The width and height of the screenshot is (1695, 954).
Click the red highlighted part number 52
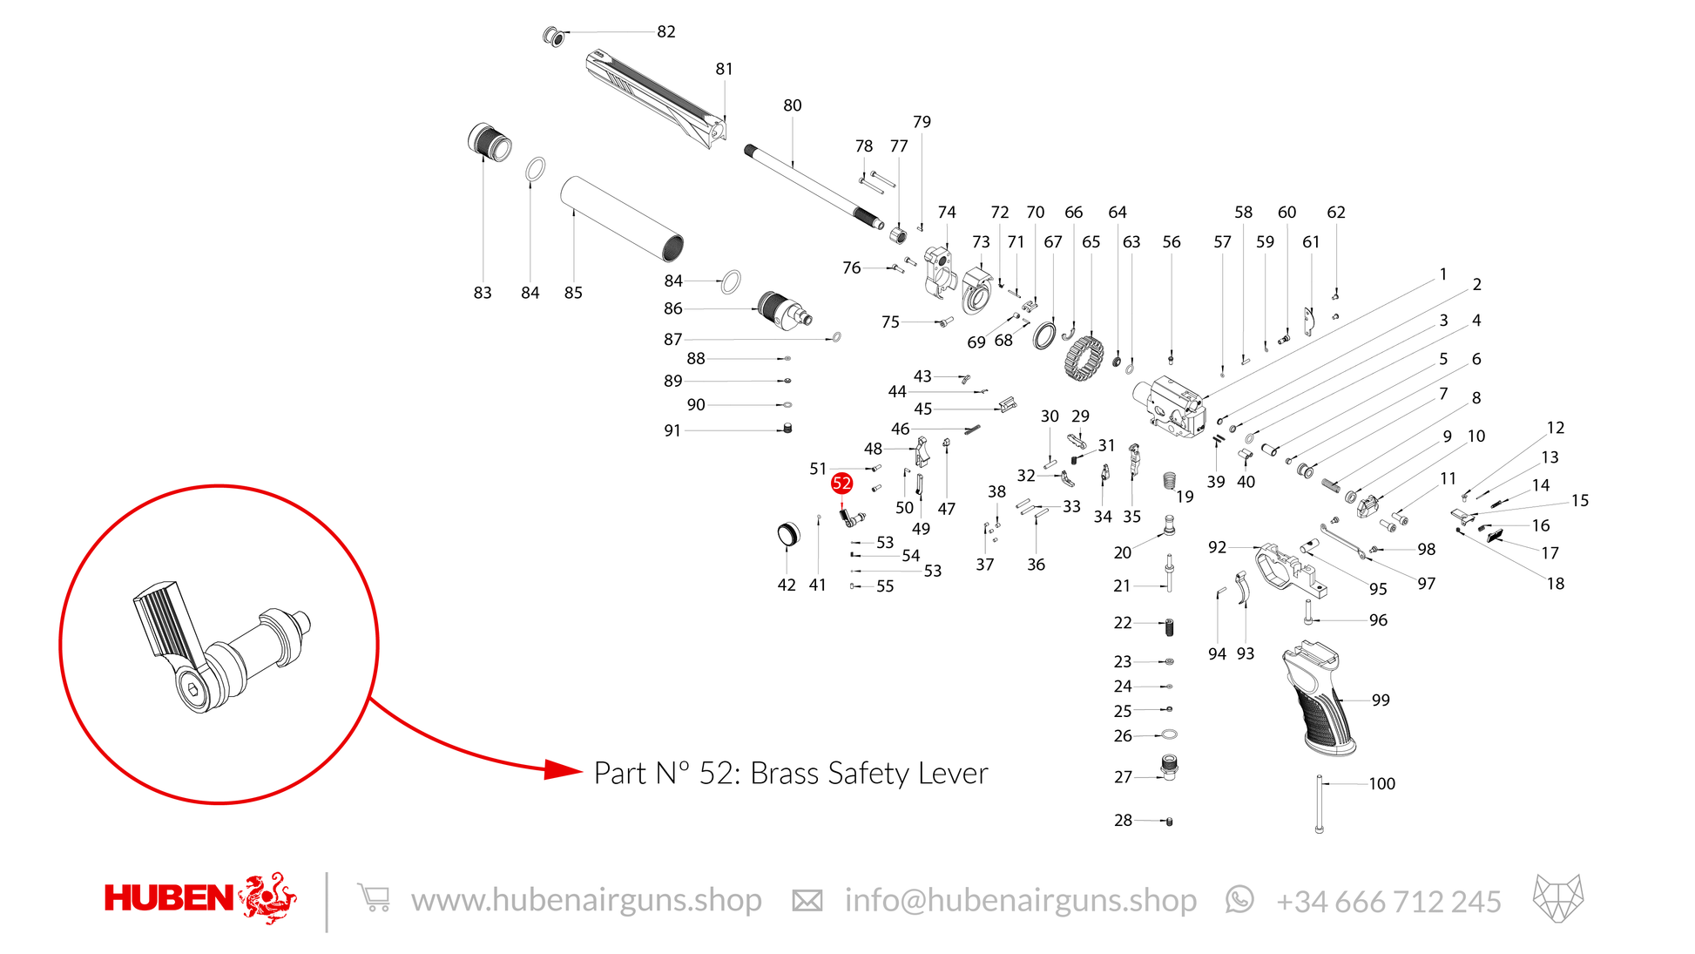click(841, 483)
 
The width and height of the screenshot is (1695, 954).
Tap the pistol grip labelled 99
click(1319, 697)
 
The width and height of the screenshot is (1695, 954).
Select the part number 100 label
click(1381, 783)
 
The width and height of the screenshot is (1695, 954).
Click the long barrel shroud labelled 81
click(657, 98)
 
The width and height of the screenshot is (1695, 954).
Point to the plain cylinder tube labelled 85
click(622, 219)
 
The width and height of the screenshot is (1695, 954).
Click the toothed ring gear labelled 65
click(1084, 357)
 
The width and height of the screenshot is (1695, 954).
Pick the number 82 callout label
click(666, 31)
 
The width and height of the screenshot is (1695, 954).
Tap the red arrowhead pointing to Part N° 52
click(563, 769)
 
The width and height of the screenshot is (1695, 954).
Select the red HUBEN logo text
click(169, 898)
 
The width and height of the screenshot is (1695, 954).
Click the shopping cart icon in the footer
click(374, 897)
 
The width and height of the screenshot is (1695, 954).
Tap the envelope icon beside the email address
click(807, 901)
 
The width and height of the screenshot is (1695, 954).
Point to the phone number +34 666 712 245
click(1388, 902)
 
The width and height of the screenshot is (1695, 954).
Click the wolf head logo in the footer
click(1558, 897)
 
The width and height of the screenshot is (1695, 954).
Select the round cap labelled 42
click(787, 534)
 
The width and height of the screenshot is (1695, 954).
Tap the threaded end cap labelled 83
click(490, 142)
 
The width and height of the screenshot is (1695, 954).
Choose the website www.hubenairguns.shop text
click(586, 900)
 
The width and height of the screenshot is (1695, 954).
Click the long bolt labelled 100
click(1320, 803)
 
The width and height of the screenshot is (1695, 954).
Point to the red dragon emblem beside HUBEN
click(267, 897)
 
